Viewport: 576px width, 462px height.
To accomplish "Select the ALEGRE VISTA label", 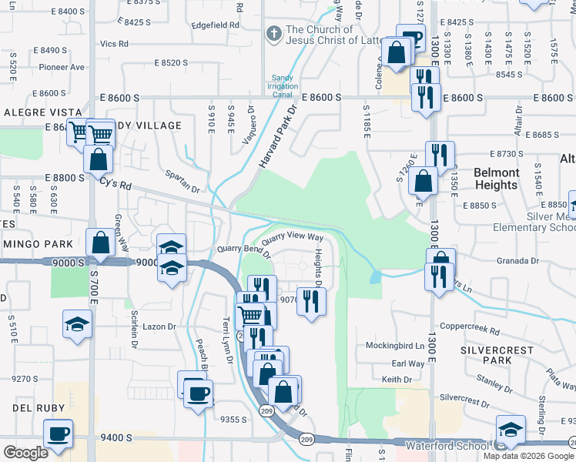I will pos(32,112).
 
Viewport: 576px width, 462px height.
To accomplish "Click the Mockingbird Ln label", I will pos(394,346).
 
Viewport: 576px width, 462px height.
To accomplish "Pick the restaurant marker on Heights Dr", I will pos(311,300).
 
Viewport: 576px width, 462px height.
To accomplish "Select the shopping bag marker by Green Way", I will pos(101,243).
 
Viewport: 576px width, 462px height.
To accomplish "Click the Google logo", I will pos(25,453).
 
